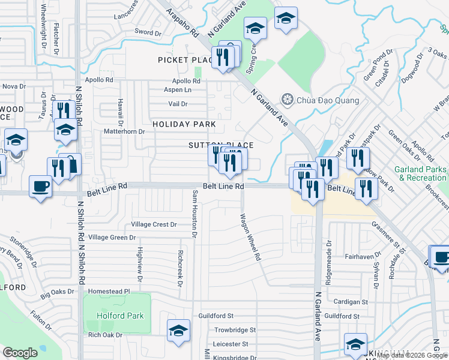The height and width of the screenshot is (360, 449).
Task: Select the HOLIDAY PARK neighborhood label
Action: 184,124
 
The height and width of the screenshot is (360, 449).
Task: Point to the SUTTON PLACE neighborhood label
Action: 221,145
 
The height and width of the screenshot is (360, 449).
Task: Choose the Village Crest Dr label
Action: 154,225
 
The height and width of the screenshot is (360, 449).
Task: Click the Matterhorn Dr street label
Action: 125,131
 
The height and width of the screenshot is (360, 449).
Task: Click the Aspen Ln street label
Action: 178,90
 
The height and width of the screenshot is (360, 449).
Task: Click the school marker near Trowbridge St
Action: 178,331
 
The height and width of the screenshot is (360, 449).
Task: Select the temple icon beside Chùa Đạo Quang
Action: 288,99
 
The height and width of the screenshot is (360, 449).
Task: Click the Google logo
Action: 20,353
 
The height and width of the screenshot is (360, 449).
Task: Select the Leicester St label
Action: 236,344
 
